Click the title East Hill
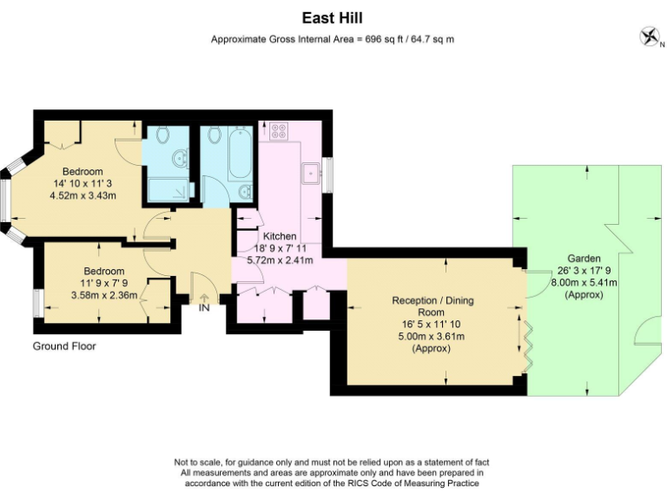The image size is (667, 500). point(333,16)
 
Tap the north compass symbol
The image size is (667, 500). point(648,36)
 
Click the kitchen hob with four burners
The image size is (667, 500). point(279,132)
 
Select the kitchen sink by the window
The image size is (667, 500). point(309,172)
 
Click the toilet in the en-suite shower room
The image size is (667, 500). point(162,136)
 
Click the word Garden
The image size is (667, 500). point(584,259)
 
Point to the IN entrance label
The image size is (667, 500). point(204,307)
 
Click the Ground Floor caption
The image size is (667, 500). point(64,346)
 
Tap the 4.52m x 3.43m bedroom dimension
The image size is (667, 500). point(83,195)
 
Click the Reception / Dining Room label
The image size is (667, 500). point(432,306)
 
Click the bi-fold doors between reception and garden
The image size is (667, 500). point(526,345)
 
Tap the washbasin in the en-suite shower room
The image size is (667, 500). point(180,159)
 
